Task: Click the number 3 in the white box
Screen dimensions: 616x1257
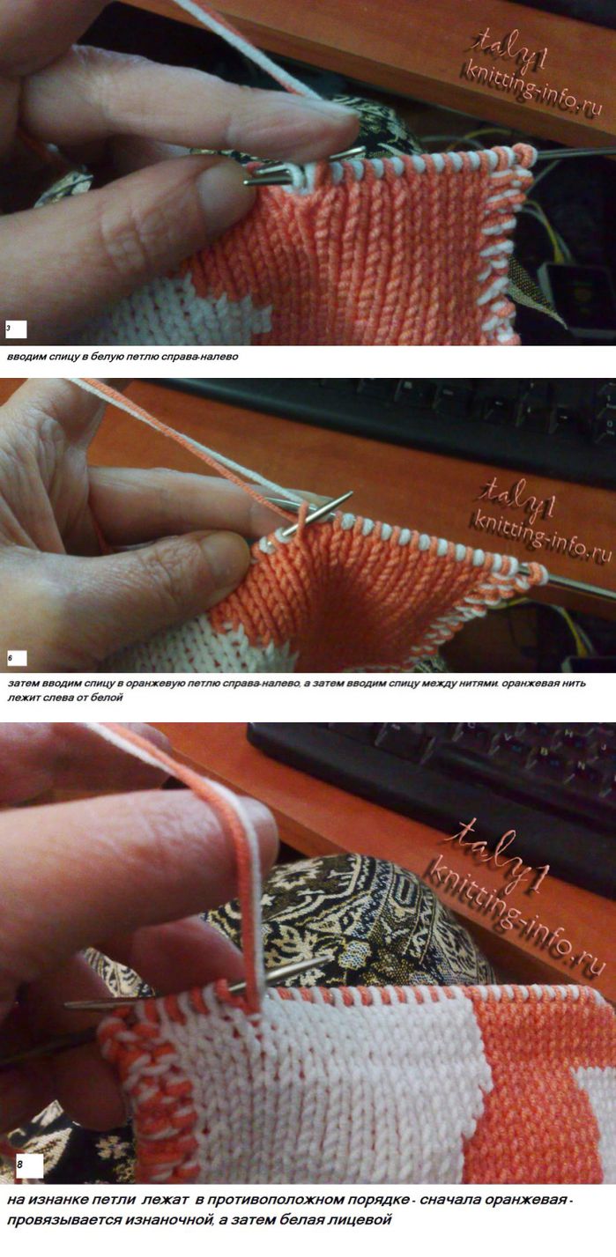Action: click(x=9, y=328)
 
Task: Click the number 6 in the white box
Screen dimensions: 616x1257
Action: click(x=10, y=657)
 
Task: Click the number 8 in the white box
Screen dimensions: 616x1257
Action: click(x=19, y=1166)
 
